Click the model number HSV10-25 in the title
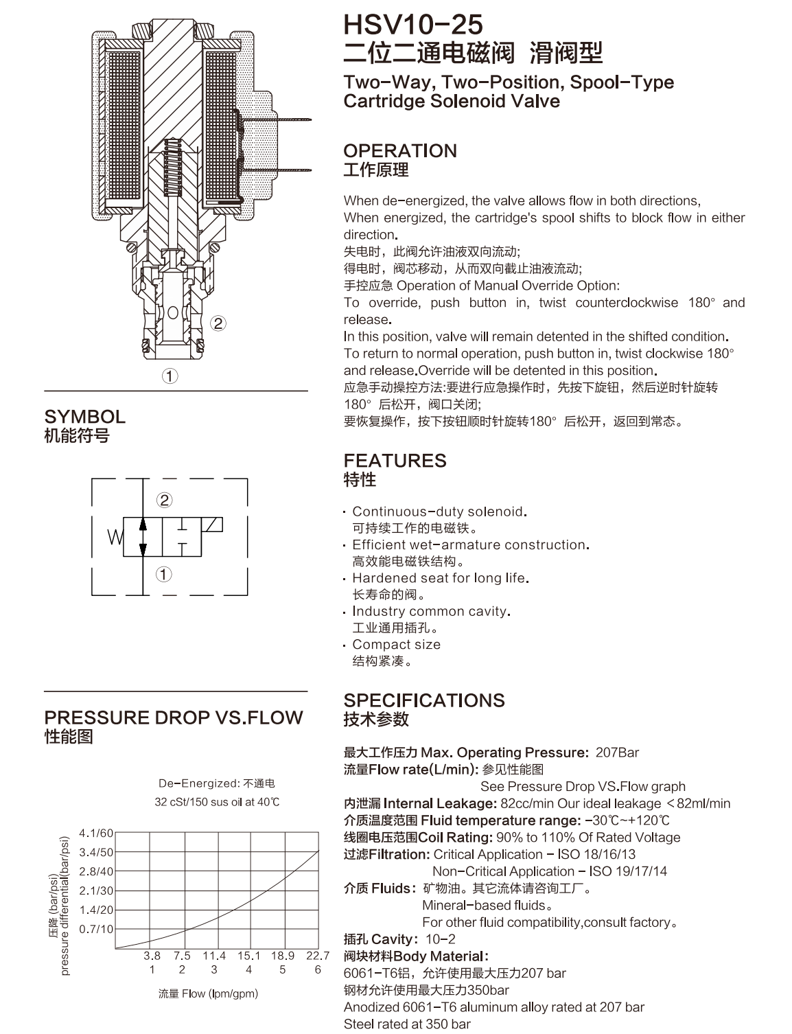pyautogui.click(x=413, y=25)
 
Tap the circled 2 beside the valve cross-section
pyautogui.click(x=218, y=323)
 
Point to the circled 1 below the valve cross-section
pyautogui.click(x=170, y=376)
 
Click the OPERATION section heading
pyautogui.click(x=400, y=151)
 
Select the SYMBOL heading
pyautogui.click(x=84, y=417)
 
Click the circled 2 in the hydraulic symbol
pyautogui.click(x=165, y=500)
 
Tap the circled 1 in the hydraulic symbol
pyautogui.click(x=163, y=575)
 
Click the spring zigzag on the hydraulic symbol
pyautogui.click(x=115, y=537)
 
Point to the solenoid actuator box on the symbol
pyautogui.click(x=211, y=525)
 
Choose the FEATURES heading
pyautogui.click(x=395, y=461)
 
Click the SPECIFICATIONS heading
pyautogui.click(x=424, y=700)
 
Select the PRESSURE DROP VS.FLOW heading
pyautogui.click(x=174, y=717)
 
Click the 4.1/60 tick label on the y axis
pyautogui.click(x=96, y=833)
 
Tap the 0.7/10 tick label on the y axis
pyautogui.click(x=96, y=929)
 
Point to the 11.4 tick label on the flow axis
pyautogui.click(x=214, y=956)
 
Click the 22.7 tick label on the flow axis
pyautogui.click(x=318, y=956)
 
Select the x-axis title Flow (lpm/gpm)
pyautogui.click(x=209, y=993)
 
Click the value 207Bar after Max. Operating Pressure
pyautogui.click(x=617, y=752)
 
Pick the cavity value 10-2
pyautogui.click(x=441, y=939)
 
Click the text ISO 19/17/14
pyautogui.click(x=628, y=871)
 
